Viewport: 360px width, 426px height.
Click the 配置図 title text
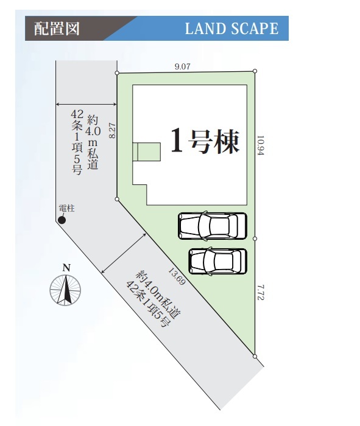57,28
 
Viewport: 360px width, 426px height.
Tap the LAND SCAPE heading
231,29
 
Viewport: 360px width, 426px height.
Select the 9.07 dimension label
182,66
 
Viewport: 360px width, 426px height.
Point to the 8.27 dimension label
112,131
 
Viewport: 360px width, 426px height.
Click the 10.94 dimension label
260,145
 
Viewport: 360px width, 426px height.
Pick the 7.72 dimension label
260,292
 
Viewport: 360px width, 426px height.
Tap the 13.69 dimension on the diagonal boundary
177,276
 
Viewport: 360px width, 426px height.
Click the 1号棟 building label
205,141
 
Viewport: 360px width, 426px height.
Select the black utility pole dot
62,220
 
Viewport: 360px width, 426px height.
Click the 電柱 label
66,209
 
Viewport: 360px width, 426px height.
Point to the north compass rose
65,290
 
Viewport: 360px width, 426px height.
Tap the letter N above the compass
66,268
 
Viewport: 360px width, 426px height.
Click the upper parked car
213,226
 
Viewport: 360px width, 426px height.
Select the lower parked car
217,261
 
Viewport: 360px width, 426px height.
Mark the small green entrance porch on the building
147,152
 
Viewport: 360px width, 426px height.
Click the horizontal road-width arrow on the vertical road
86,104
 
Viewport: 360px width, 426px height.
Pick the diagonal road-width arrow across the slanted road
124,253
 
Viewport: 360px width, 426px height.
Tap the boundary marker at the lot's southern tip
255,356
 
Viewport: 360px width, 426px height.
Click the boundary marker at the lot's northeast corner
255,71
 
